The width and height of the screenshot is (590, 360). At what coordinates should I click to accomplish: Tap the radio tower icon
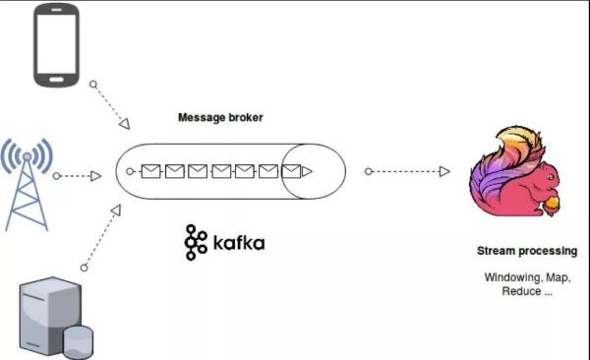click(27, 182)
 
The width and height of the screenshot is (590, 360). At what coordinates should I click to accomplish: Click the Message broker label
click(220, 118)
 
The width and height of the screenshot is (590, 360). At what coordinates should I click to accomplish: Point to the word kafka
click(239, 242)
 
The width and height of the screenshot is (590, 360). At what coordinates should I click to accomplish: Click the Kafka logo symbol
click(196, 242)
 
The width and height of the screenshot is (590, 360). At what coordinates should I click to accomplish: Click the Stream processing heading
click(527, 252)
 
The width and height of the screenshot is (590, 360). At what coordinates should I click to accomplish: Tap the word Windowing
click(508, 277)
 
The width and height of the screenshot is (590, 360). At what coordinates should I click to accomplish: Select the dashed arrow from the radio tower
click(78, 176)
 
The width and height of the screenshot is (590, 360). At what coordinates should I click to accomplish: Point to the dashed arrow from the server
click(101, 237)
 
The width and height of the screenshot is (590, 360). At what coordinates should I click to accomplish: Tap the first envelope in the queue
click(150, 171)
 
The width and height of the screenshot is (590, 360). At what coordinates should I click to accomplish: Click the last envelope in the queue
click(291, 171)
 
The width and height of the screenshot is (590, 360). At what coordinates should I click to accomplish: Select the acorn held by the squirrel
click(551, 205)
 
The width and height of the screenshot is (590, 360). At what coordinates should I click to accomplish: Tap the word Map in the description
click(557, 277)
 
